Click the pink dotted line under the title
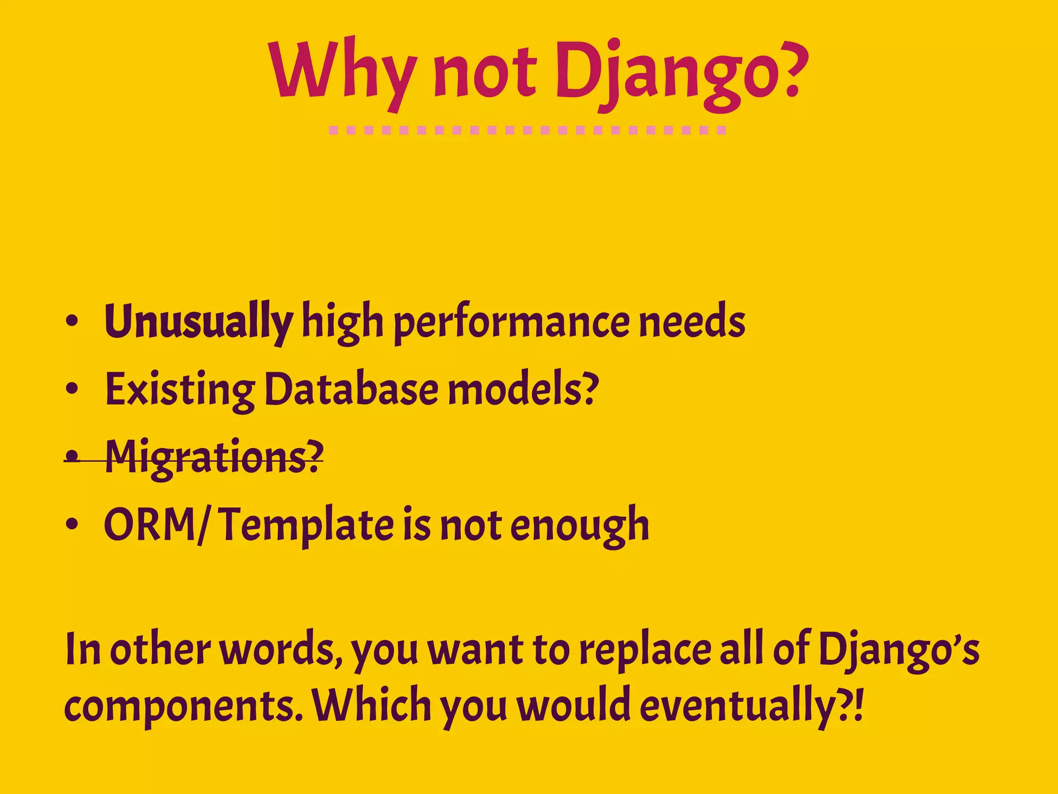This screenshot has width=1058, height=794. (527, 130)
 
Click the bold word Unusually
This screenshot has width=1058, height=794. (198, 322)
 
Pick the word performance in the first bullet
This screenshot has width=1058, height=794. (511, 323)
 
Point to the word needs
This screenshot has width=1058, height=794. (692, 322)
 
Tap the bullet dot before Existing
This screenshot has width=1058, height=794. (72, 389)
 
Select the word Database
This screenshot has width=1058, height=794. (351, 389)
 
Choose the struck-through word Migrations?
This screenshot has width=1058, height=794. (214, 457)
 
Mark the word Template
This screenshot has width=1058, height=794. (308, 526)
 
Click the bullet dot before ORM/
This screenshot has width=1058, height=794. (72, 525)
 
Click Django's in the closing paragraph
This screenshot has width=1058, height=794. (899, 650)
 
